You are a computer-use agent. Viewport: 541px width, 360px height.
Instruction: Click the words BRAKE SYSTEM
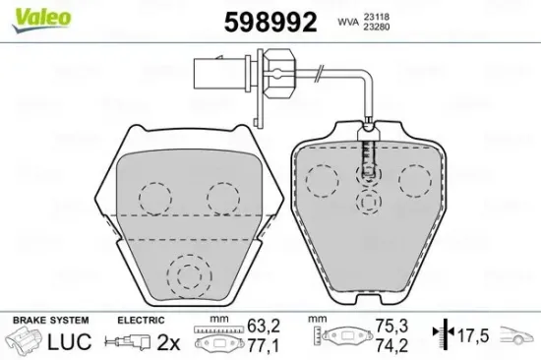point(49,321)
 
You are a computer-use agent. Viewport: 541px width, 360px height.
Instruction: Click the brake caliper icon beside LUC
point(25,342)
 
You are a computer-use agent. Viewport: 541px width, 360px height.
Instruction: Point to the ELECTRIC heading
point(140,321)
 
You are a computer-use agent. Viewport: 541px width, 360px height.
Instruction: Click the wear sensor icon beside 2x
point(127,342)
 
